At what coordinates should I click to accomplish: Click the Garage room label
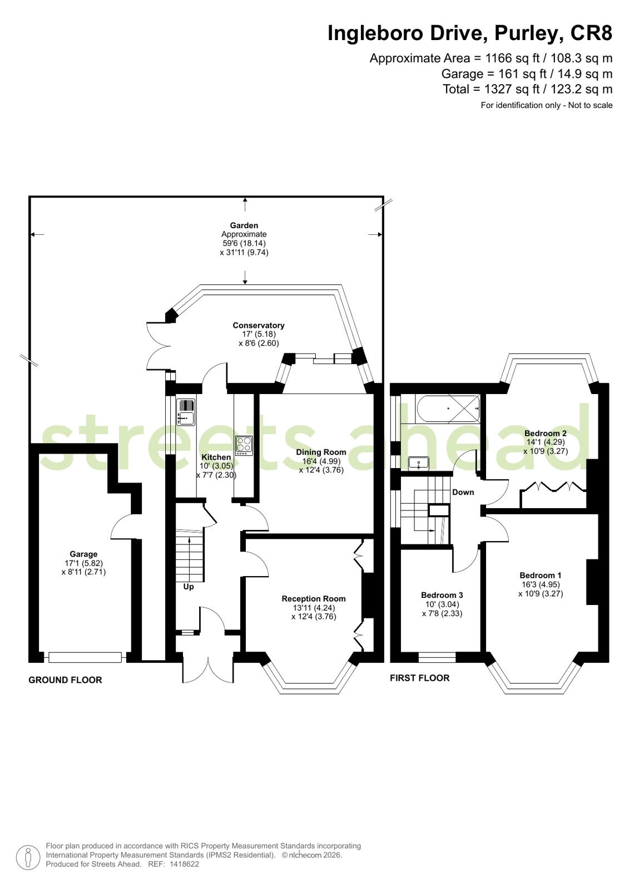(x=83, y=554)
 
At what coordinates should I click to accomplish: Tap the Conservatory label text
(x=259, y=326)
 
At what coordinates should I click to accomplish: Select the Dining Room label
(x=321, y=452)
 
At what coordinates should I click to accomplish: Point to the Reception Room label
(x=314, y=599)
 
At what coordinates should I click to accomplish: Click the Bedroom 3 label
(x=442, y=595)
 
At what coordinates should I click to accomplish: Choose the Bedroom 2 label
(x=545, y=433)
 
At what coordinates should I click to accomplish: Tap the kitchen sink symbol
(x=185, y=412)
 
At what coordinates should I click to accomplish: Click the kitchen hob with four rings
(x=244, y=446)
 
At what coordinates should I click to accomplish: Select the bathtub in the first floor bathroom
(x=448, y=409)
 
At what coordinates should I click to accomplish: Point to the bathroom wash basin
(x=419, y=463)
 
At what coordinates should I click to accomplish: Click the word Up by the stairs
(x=188, y=587)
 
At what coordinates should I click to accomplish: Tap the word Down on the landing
(x=463, y=492)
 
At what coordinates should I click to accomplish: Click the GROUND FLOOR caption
(x=65, y=680)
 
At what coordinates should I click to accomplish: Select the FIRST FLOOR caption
(x=420, y=678)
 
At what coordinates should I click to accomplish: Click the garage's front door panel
(x=85, y=657)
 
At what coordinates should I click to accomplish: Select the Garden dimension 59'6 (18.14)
(x=244, y=243)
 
